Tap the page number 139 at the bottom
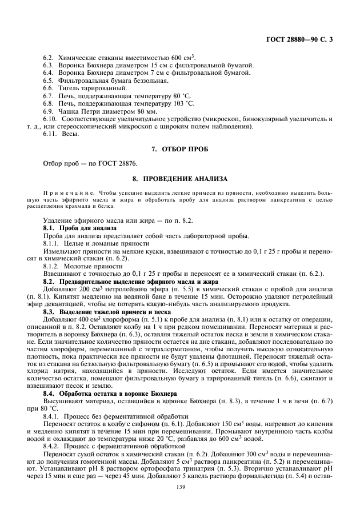(181, 487)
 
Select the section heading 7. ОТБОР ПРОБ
(180, 149)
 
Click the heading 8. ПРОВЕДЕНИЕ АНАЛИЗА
(180, 178)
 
